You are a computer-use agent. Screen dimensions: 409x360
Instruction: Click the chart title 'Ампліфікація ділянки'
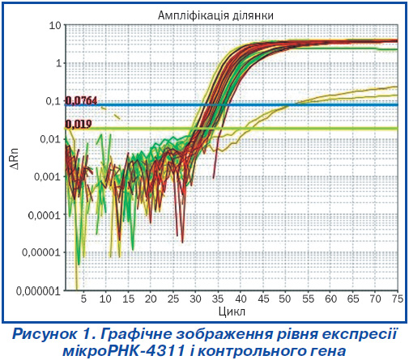(x=215, y=15)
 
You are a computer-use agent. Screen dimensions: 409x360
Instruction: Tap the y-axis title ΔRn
(x=15, y=159)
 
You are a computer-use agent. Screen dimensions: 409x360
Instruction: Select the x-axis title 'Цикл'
(x=232, y=311)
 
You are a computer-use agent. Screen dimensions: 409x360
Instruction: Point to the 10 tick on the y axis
(x=55, y=26)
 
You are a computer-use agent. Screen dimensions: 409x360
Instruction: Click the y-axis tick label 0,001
(x=47, y=177)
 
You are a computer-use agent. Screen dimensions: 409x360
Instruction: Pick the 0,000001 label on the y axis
(x=38, y=291)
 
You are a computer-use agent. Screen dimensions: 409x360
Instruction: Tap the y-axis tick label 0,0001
(x=45, y=215)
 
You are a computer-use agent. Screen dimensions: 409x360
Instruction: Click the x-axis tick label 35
(x=218, y=299)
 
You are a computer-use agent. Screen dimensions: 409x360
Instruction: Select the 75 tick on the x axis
(x=397, y=299)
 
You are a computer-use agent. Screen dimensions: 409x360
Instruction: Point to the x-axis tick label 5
(x=83, y=299)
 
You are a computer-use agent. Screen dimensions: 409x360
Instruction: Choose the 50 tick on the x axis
(x=285, y=299)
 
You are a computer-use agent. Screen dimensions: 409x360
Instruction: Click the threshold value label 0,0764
(x=81, y=100)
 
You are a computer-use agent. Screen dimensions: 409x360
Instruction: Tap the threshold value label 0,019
(x=79, y=124)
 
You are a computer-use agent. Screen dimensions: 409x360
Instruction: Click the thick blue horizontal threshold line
(x=232, y=104)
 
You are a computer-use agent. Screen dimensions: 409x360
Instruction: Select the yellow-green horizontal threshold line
(x=232, y=129)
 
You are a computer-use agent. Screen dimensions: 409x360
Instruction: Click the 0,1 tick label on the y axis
(x=53, y=101)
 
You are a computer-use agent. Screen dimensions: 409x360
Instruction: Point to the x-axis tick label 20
(x=151, y=299)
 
